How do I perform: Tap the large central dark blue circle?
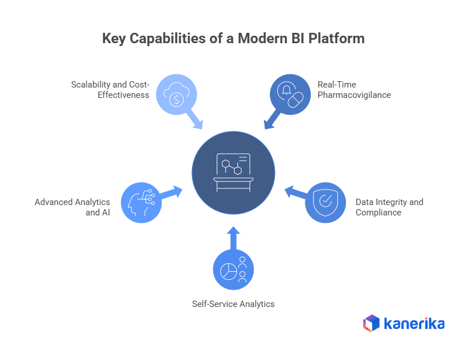click(x=233, y=172)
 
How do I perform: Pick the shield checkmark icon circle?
click(x=325, y=202)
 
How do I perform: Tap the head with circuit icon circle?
click(x=141, y=202)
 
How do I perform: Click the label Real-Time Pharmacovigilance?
click(x=354, y=89)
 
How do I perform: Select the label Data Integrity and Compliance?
click(x=389, y=207)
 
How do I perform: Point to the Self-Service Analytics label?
click(x=233, y=304)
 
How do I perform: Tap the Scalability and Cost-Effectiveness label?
click(x=110, y=89)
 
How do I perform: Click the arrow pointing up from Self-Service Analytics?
click(x=233, y=237)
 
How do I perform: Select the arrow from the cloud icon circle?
click(x=196, y=121)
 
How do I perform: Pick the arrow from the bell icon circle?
click(x=270, y=121)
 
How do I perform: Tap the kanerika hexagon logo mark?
click(x=371, y=323)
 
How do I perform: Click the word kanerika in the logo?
click(x=414, y=323)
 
